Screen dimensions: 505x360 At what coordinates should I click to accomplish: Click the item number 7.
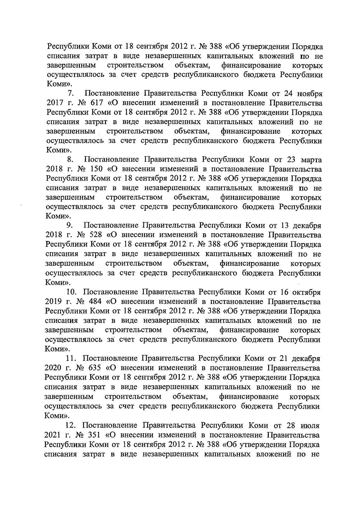coord(71,94)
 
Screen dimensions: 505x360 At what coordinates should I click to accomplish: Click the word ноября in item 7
coord(309,94)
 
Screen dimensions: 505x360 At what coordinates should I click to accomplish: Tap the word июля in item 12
coord(310,425)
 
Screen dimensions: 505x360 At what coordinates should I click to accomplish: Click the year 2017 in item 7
coord(55,103)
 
